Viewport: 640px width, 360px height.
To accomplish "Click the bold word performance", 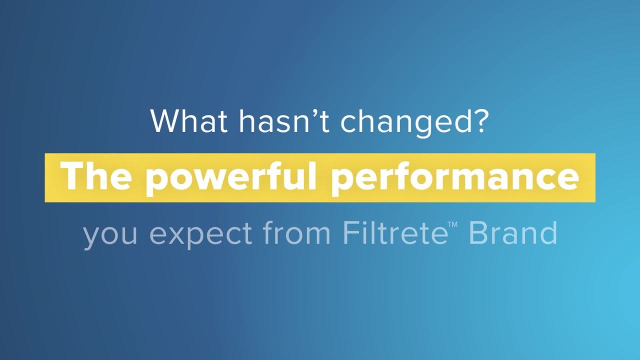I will click(x=455, y=177).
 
